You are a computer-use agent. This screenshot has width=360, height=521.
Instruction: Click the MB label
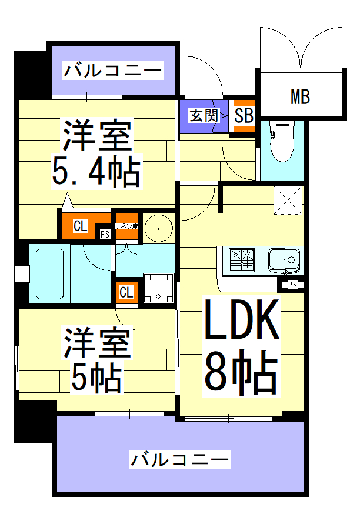click(300, 96)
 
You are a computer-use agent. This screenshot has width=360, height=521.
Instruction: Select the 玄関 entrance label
click(203, 115)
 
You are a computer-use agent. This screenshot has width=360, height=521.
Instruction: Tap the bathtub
click(50, 273)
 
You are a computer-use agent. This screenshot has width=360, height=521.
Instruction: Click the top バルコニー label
click(112, 72)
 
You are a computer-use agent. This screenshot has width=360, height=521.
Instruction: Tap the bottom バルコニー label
click(179, 459)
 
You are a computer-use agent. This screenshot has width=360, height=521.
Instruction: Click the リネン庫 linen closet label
click(126, 226)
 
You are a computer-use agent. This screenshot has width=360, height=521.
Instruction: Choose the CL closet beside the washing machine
click(126, 292)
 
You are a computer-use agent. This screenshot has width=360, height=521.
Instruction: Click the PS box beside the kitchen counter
click(292, 286)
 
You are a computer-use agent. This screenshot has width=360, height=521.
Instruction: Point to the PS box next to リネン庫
click(105, 234)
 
